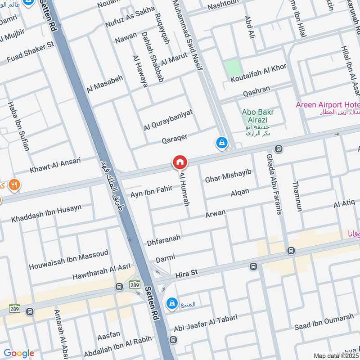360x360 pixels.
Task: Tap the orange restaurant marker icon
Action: click(14, 184)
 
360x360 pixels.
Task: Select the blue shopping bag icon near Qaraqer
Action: click(221, 143)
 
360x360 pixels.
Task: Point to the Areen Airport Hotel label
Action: click(327, 105)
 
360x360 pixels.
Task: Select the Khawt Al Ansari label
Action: click(55, 165)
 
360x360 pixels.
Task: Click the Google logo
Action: click(19, 353)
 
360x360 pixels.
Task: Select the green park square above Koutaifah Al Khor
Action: click(233, 68)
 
